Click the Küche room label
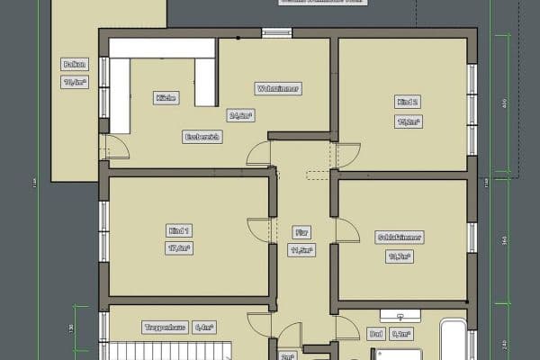click(x=165, y=97)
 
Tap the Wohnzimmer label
click(x=278, y=89)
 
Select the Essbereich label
click(x=202, y=137)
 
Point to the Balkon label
click(x=74, y=64)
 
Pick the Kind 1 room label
click(x=180, y=229)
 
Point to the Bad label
click(x=376, y=333)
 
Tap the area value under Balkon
click(x=74, y=82)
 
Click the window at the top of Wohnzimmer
click(x=276, y=34)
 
